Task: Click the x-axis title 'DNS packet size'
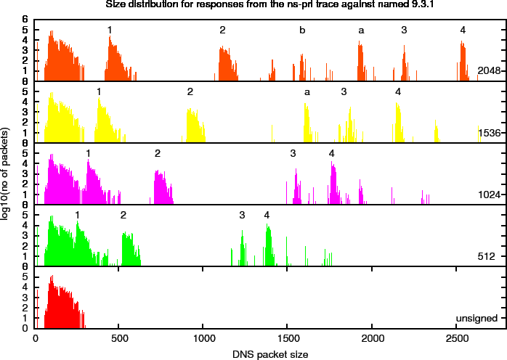click(271, 354)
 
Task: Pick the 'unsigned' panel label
click(476, 318)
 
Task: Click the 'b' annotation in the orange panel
click(302, 30)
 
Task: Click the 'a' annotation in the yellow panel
click(307, 92)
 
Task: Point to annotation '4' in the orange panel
click(463, 30)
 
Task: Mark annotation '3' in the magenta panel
click(293, 153)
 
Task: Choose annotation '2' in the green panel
click(123, 215)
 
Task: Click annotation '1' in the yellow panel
click(99, 91)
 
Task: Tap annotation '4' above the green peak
click(267, 215)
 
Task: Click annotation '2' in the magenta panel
click(157, 153)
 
